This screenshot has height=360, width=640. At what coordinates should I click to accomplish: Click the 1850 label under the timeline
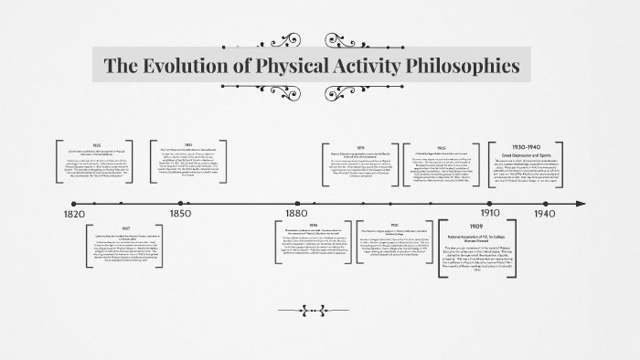(x=180, y=214)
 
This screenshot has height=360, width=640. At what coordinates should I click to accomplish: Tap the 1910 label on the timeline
(x=491, y=214)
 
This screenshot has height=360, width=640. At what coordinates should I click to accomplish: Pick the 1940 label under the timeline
(x=546, y=214)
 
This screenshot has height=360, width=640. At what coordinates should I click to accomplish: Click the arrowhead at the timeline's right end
(x=581, y=202)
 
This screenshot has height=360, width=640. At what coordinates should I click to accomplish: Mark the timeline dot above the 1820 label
(x=74, y=202)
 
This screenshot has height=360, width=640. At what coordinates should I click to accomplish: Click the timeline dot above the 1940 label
(x=545, y=202)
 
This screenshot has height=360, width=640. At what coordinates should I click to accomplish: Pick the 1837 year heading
(x=126, y=228)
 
